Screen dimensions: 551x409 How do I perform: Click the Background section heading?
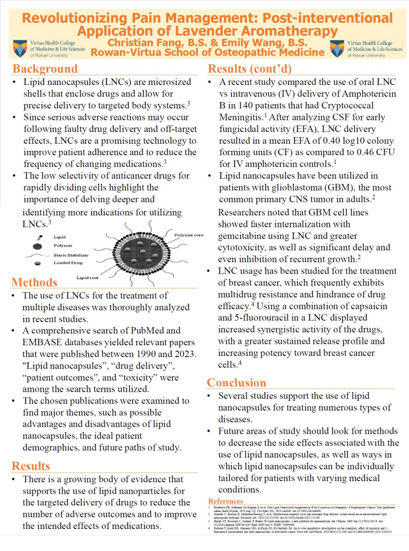pos(45,69)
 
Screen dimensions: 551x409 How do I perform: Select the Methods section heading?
pos(34,282)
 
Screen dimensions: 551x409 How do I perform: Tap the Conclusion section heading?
pos(236,382)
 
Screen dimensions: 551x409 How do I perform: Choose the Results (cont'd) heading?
pos(250,69)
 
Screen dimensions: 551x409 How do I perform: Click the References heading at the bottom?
pos(225,501)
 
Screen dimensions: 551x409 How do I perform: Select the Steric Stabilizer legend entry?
pos(71,254)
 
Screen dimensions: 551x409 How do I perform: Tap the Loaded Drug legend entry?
pos(67,263)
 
